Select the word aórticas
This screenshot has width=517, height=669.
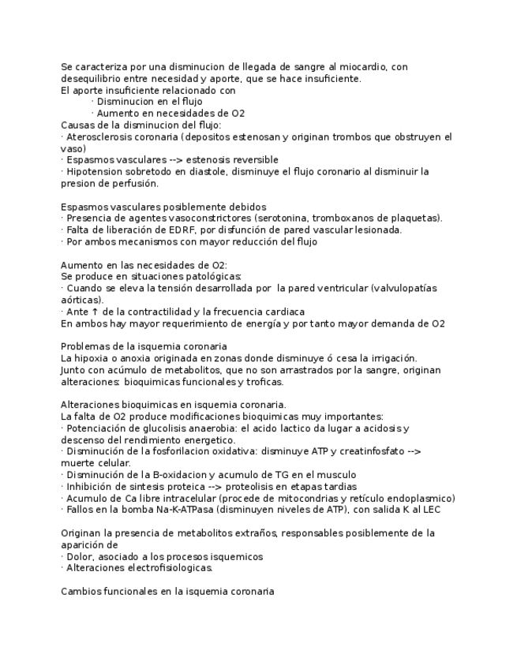pos(81,300)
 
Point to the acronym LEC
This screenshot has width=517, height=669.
pos(431,510)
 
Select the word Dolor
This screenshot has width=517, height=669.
pos(81,556)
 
